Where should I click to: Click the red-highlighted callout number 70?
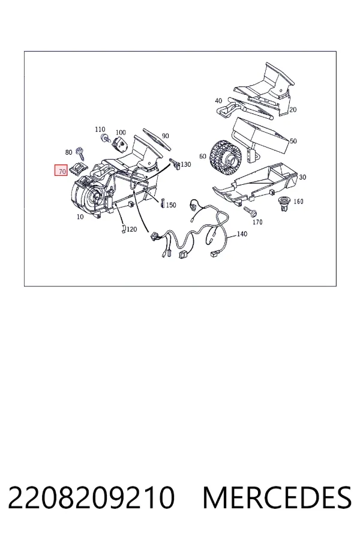[x=61, y=171]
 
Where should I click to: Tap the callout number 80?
[x=68, y=152]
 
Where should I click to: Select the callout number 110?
[x=100, y=130]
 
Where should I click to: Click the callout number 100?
[x=121, y=133]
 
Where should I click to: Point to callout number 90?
[x=166, y=136]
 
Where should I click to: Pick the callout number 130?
[x=185, y=164]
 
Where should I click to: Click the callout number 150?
[x=171, y=205]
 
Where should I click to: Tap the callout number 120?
[x=131, y=229]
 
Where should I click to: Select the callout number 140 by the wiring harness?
[x=242, y=234]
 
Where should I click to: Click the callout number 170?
[x=257, y=222]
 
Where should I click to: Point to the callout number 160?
[x=298, y=201]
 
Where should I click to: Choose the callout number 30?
[x=302, y=177]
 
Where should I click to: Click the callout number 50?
[x=293, y=141]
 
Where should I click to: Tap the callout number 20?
[x=293, y=110]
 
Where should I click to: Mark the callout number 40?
[x=218, y=101]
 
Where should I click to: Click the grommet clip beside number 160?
[x=284, y=203]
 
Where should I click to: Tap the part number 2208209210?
[x=91, y=497]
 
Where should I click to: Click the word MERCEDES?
[x=277, y=497]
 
